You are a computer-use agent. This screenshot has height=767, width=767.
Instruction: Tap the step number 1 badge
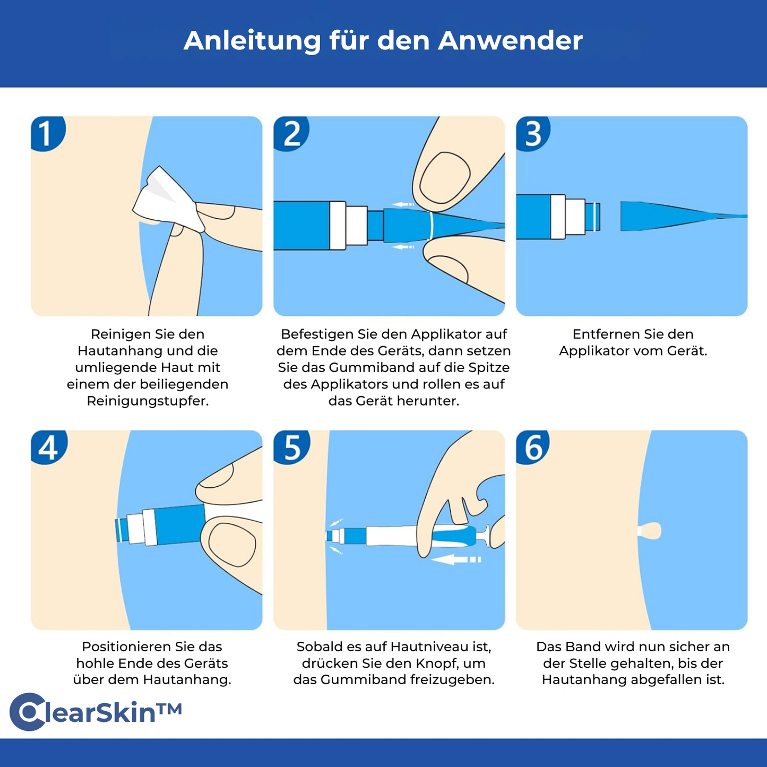tap(47, 133)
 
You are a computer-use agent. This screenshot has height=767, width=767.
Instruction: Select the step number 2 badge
tap(291, 133)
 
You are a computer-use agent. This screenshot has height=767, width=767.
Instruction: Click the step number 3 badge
tap(533, 133)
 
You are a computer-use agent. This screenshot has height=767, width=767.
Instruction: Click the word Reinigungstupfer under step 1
tap(148, 401)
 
